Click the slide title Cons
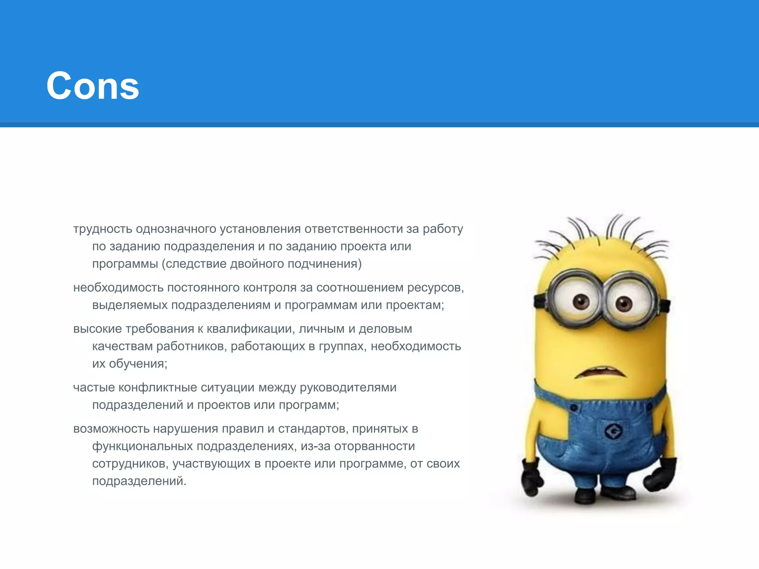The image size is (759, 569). click(x=93, y=86)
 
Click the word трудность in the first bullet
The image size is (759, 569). click(x=103, y=229)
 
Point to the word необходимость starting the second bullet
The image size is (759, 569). click(x=118, y=288)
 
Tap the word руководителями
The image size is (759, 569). click(x=348, y=388)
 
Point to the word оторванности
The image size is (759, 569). click(x=374, y=446)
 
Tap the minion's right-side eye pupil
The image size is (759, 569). click(x=624, y=304)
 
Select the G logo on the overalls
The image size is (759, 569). click(x=614, y=431)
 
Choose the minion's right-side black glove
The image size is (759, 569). click(x=663, y=476)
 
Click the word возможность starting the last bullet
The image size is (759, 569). click(x=111, y=429)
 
